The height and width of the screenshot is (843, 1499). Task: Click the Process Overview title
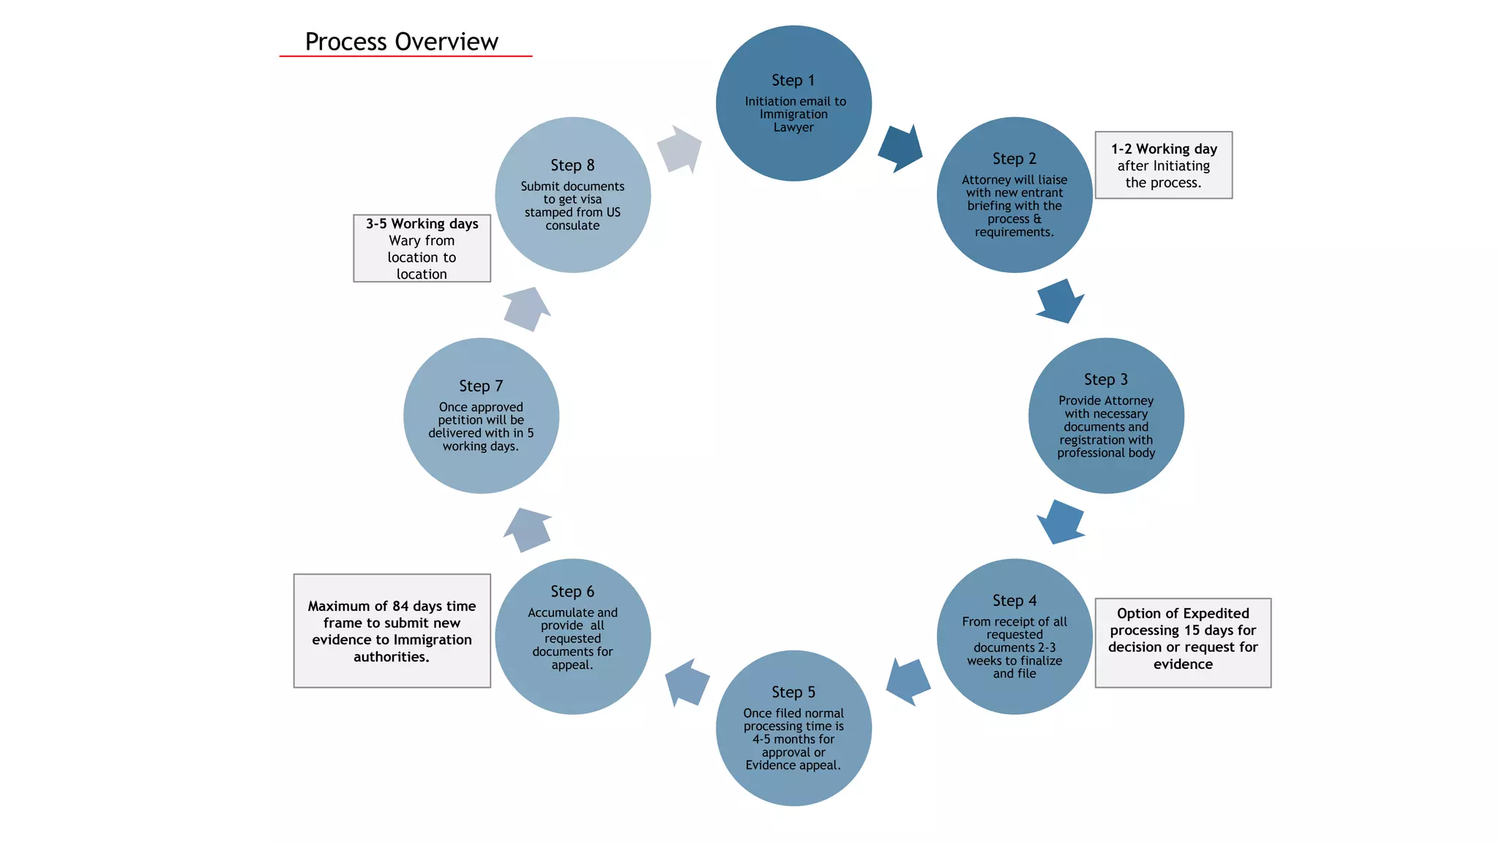[x=401, y=42]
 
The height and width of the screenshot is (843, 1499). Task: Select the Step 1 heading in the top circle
[x=793, y=80]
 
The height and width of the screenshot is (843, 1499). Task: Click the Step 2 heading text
[x=1014, y=159]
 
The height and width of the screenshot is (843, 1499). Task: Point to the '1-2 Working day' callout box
[x=1163, y=165]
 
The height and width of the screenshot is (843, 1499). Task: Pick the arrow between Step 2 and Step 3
[x=1059, y=301]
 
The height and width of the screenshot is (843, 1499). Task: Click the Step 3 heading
[x=1105, y=380]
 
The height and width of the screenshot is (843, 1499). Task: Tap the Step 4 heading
[x=1014, y=601]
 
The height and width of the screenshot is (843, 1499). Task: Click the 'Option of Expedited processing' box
[x=1182, y=642]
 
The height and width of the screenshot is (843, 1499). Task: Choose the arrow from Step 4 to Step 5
[x=908, y=681]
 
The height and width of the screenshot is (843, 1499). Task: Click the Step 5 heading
[x=793, y=692]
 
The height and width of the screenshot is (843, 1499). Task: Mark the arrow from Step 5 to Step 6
[x=687, y=682]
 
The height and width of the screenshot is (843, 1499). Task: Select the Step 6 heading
[x=572, y=591]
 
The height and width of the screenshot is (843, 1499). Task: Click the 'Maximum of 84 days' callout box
[x=392, y=631]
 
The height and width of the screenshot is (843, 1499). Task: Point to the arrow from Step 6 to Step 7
[x=528, y=530]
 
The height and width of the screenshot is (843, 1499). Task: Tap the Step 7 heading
[x=481, y=386]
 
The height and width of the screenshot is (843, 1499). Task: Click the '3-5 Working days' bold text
[x=422, y=224]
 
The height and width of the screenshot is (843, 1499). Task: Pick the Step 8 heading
[x=572, y=165]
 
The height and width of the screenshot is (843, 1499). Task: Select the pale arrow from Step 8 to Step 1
[x=679, y=149]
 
